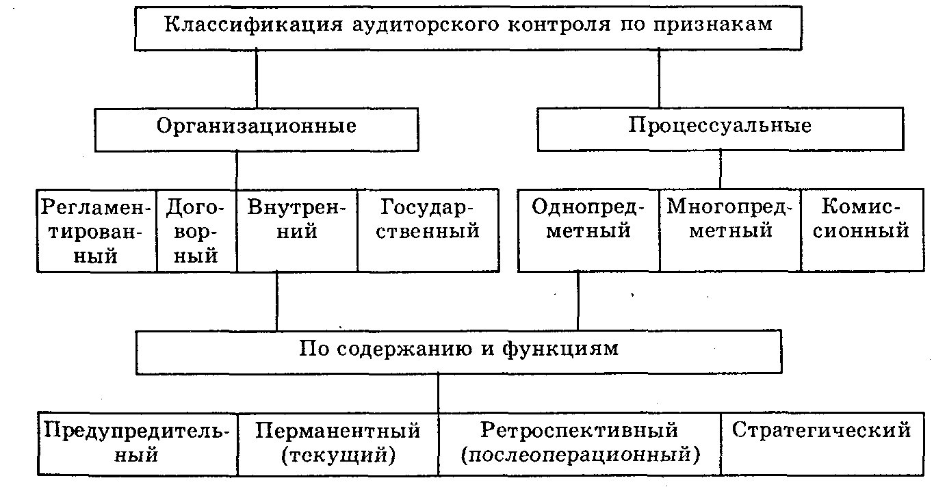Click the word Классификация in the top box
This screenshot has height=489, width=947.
point(253,24)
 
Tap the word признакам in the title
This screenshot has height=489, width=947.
point(713,25)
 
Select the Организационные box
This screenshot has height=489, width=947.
point(257,129)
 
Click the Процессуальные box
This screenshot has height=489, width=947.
point(721,129)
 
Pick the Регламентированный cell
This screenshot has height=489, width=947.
point(96,230)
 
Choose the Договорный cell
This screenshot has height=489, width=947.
point(196,230)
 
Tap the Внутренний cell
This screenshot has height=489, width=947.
point(297,230)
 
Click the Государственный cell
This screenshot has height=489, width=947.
point(428,230)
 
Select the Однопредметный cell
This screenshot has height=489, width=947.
point(588,230)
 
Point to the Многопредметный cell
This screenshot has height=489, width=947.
point(730,230)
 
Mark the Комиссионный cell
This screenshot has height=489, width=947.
point(862,230)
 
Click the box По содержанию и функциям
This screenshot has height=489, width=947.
point(458,352)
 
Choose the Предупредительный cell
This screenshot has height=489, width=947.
point(138,444)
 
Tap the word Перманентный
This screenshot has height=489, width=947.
point(338,431)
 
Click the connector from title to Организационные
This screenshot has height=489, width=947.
point(257,79)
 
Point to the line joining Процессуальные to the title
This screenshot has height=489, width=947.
point(659,79)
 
